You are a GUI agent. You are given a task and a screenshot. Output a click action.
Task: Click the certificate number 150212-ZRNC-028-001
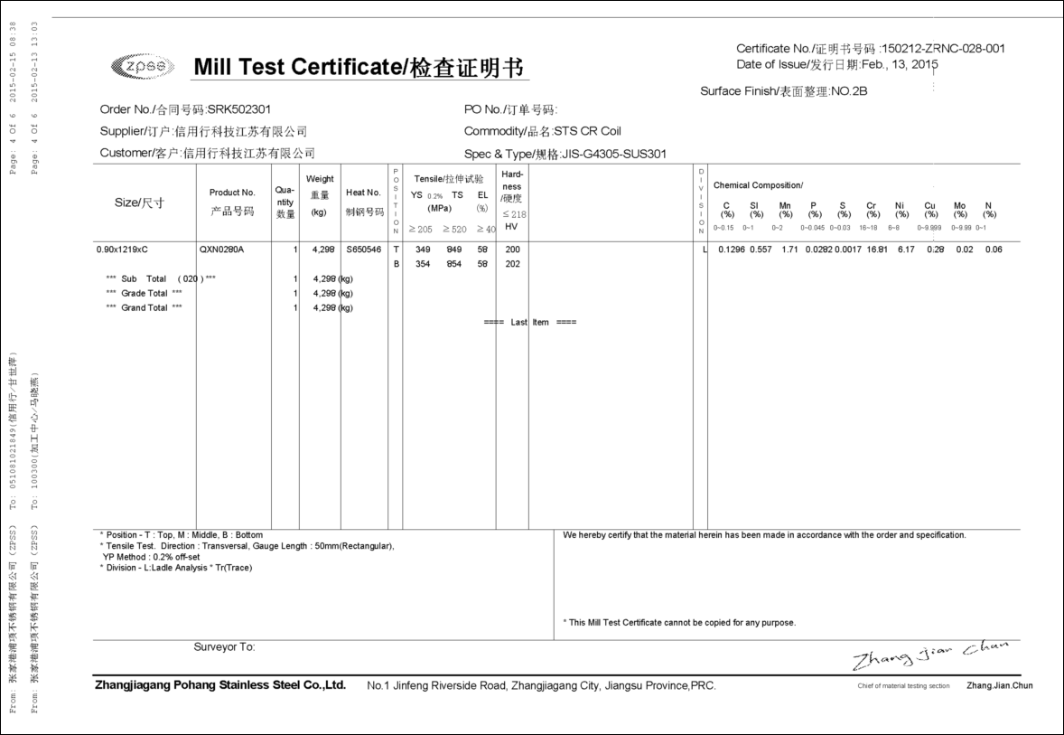tap(943, 49)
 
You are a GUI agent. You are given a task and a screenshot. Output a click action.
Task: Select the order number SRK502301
tap(239, 109)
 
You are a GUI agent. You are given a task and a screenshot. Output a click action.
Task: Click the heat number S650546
tap(363, 249)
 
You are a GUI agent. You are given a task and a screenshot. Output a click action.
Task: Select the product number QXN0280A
tap(221, 249)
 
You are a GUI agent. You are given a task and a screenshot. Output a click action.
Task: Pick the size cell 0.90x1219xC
tap(122, 249)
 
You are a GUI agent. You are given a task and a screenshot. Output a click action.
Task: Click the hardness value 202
tap(512, 264)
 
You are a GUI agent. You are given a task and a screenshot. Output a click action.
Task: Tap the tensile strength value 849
tap(454, 249)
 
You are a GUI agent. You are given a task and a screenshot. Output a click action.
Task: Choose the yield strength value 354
tap(422, 264)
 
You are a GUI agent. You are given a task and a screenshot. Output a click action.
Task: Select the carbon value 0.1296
tap(732, 250)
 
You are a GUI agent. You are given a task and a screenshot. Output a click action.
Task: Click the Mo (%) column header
tap(959, 210)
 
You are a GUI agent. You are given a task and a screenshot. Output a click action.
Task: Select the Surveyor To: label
tap(224, 647)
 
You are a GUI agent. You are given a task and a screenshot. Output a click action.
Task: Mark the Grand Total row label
tap(145, 307)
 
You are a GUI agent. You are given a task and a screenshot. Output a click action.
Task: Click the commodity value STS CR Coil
tap(587, 131)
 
